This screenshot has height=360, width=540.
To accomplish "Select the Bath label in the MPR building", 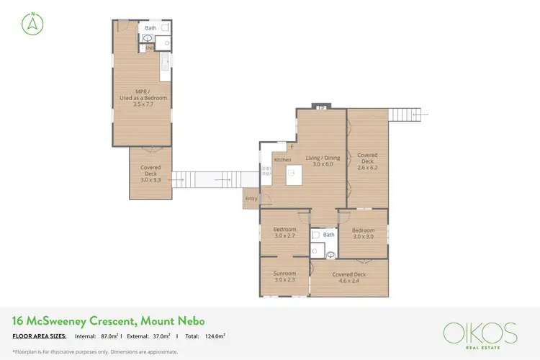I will coord(150,28).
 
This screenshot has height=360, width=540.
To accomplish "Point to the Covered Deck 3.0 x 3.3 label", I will coord(150,173).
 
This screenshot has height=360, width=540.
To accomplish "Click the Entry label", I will coord(251,198).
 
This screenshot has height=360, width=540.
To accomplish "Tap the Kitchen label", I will coord(282,159).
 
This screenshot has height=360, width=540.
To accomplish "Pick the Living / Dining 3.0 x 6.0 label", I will coord(322,161).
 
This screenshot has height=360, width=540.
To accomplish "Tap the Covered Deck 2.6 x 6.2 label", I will coord(367,161).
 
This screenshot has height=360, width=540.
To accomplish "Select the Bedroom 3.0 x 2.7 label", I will coord(284,233).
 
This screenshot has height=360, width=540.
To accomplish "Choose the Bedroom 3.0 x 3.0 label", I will coord(363,233).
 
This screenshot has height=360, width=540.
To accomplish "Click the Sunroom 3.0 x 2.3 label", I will coord(284,276).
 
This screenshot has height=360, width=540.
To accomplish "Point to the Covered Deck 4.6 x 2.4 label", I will coord(349,277).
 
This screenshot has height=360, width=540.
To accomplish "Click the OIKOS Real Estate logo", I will coord(480,335).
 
